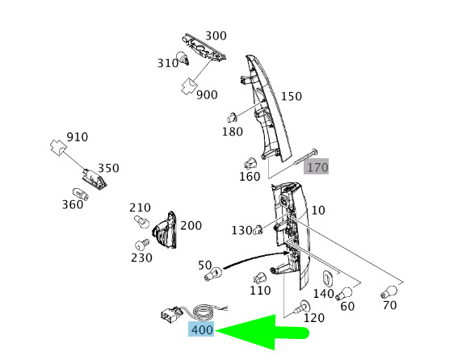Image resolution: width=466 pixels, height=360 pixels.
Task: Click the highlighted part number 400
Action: click(201, 329)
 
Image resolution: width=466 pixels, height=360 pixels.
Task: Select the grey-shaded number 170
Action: click(316, 166)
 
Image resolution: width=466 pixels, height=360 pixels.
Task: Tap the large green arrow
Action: click(262, 332)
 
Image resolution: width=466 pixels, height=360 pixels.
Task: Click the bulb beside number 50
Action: click(213, 274)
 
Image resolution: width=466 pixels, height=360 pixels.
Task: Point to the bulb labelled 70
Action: click(388, 291)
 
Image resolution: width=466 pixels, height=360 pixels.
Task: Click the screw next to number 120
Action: click(302, 308)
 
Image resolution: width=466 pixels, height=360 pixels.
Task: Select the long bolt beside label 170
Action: click(305, 157)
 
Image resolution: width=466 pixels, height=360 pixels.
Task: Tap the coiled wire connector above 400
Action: click(193, 313)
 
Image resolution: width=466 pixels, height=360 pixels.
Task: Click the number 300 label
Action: click(216, 36)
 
